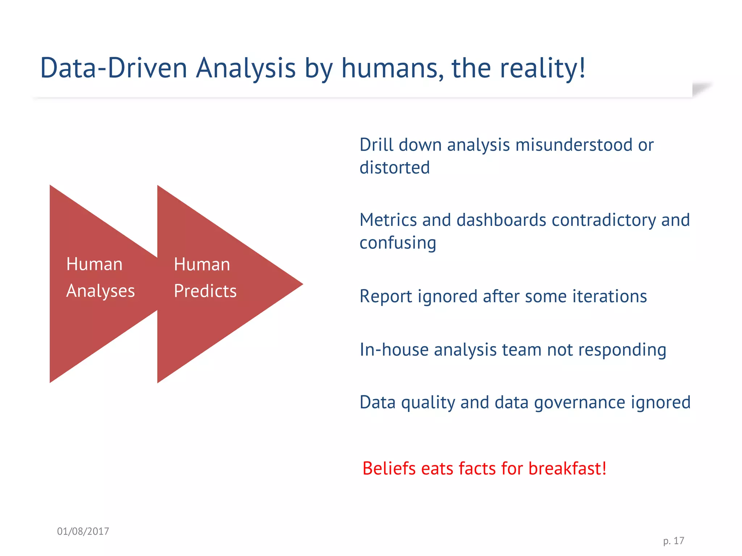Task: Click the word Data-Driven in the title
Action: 113,68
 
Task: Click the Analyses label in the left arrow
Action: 100,291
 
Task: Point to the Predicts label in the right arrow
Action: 205,291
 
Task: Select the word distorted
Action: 395,168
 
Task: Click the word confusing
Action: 397,243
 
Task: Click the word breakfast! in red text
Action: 567,468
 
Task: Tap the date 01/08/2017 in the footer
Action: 83,531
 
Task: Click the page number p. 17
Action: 674,541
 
